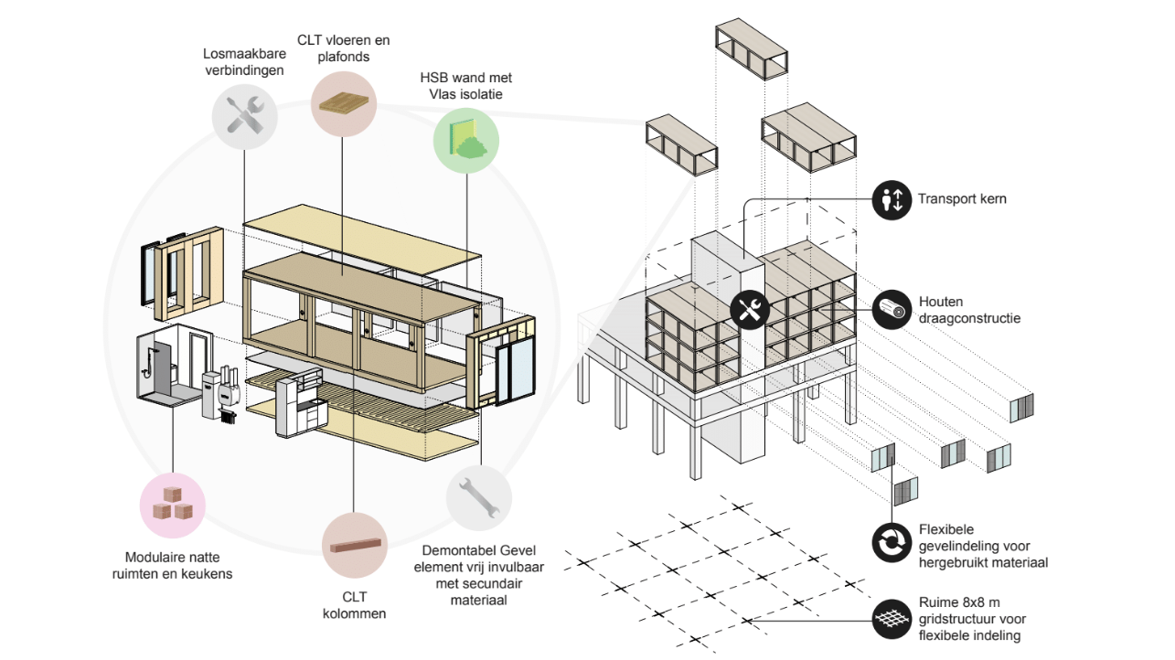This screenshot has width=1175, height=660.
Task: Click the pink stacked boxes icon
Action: pyautogui.click(x=172, y=505)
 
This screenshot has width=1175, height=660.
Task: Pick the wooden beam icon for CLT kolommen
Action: pyautogui.click(x=352, y=547)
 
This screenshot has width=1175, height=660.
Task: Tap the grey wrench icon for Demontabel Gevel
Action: pyautogui.click(x=479, y=499)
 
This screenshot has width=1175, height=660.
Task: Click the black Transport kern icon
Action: pyautogui.click(x=891, y=199)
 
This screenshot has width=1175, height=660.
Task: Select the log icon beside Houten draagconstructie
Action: pyautogui.click(x=891, y=310)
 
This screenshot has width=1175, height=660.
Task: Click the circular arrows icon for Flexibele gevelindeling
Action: pyautogui.click(x=891, y=542)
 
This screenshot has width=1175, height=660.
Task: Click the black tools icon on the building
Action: pyautogui.click(x=750, y=310)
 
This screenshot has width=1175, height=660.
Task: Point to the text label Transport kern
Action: pyautogui.click(x=962, y=198)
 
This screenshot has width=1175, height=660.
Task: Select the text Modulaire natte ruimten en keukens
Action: pyautogui.click(x=173, y=565)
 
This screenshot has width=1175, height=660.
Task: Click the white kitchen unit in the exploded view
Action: pyautogui.click(x=300, y=404)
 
